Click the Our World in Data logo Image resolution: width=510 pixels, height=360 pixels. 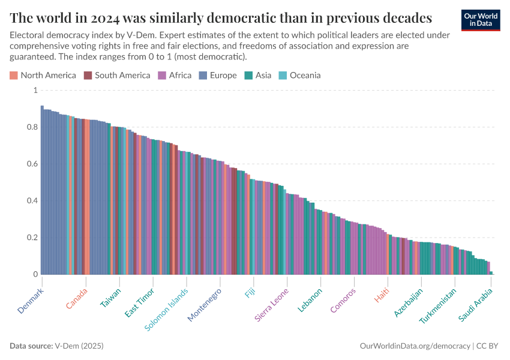[480, 20]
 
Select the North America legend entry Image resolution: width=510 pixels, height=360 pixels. [43, 75]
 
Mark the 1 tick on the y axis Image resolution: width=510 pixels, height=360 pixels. [35, 90]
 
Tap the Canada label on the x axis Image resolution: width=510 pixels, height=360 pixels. [77, 298]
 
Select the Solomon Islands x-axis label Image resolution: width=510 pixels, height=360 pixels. [167, 309]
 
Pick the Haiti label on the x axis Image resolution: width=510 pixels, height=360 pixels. [382, 296]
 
